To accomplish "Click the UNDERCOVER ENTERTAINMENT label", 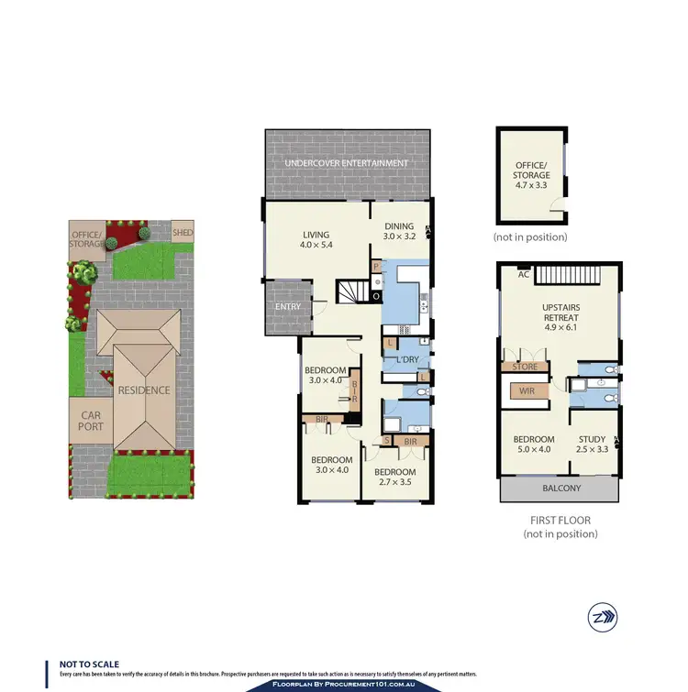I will [346, 163].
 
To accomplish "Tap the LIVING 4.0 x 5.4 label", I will [316, 240].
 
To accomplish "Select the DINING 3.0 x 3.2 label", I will [398, 231].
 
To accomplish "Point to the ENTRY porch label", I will [288, 306].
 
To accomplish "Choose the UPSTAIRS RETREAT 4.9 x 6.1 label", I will [560, 312].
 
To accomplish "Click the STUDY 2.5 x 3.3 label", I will [591, 445].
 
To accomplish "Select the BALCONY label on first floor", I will [559, 489].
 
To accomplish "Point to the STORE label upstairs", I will [524, 367].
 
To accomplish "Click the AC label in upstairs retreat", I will [524, 273].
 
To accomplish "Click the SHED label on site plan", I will [183, 232].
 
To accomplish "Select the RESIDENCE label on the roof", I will [142, 390].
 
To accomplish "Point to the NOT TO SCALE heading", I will [89, 665].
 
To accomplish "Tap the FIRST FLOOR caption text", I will [560, 520].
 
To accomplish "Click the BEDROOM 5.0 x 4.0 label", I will [534, 445].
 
